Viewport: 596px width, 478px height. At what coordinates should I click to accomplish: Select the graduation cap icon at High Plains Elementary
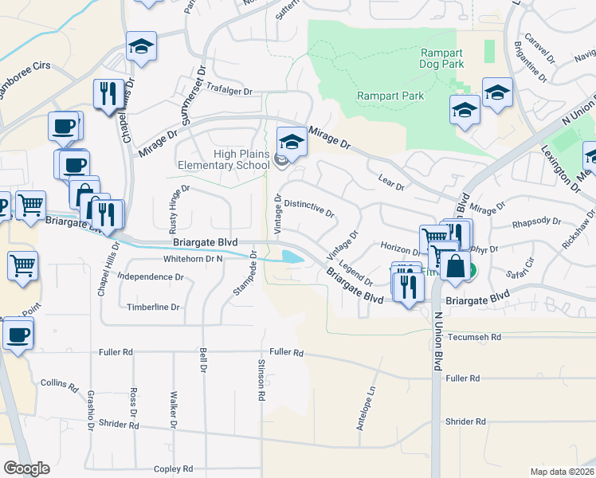point(292,143)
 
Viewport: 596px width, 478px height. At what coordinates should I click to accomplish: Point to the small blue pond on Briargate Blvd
point(292,257)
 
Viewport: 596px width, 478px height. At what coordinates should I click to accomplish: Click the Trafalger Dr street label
point(229,92)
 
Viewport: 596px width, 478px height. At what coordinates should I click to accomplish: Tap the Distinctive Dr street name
point(309,210)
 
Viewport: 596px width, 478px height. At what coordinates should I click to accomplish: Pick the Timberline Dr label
point(153,307)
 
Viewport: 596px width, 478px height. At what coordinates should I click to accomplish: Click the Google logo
point(26,468)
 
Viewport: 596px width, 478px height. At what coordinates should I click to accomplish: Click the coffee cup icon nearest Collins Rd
point(18,335)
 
